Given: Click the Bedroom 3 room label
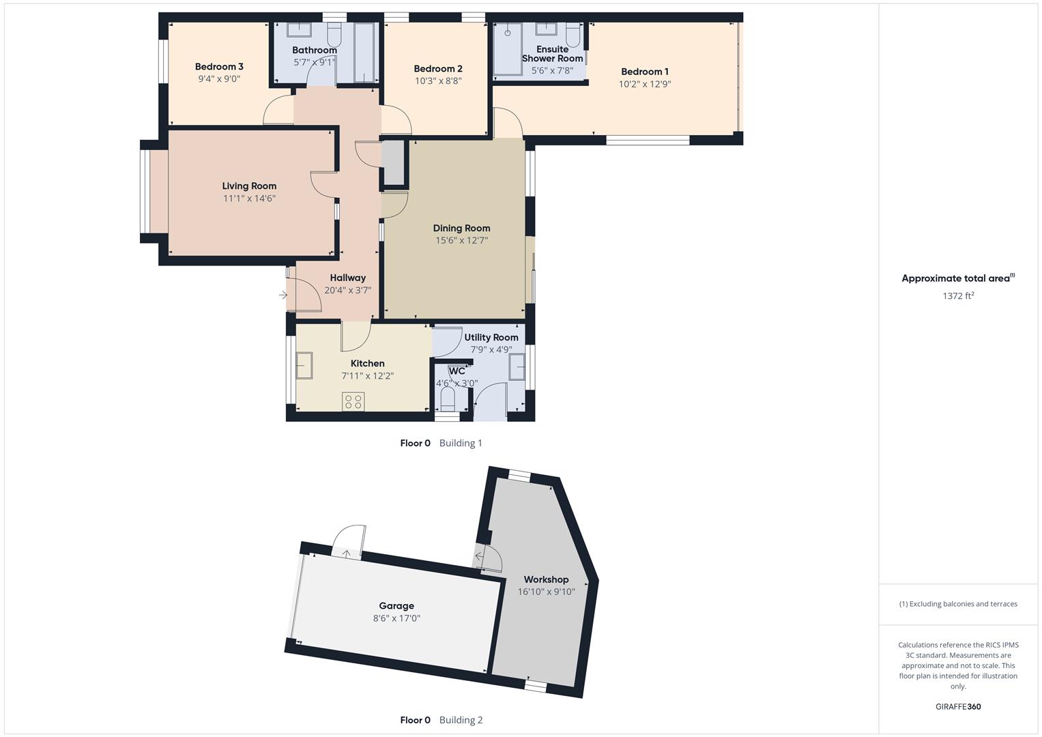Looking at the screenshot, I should pos(219,67).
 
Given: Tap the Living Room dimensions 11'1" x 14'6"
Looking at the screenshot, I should pos(249,199).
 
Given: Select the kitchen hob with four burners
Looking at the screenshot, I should pos(353,401).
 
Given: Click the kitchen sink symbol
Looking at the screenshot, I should pos(304,365).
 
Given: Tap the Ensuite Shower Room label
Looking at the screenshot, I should pos(552,54).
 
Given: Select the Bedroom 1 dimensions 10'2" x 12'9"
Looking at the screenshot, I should pos(644,85).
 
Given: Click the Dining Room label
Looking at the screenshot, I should pos(461,229).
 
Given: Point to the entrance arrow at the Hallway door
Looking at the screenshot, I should pos(283,295).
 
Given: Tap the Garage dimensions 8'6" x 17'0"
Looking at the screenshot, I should pos(396,619).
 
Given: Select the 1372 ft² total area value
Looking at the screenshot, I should pos(957,296).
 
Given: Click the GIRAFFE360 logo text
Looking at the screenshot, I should pos(957,707).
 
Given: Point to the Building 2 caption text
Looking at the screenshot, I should pos(461,720).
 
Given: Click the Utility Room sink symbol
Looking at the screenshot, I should pos(518,367).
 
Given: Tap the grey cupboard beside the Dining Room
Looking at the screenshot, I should pos(393,163).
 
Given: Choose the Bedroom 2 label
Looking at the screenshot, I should pos(438,69).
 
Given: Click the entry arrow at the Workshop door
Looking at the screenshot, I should pos(480,557).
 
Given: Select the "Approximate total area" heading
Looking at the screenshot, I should pos(957,278).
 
